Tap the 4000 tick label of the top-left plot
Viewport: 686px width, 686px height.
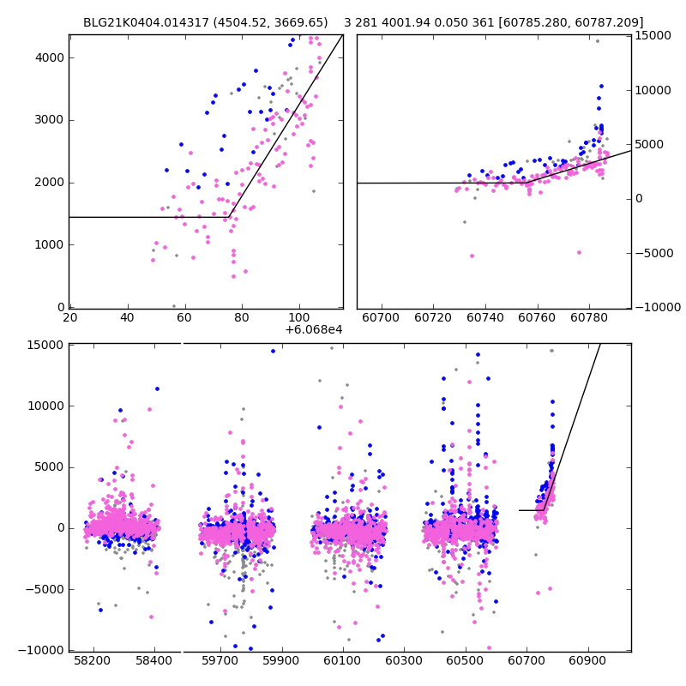[x=51, y=57]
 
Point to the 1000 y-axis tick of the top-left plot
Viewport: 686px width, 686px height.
[x=51, y=244]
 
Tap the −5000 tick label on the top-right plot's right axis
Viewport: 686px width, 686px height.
[x=652, y=253]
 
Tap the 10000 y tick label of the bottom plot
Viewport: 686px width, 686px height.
[x=45, y=406]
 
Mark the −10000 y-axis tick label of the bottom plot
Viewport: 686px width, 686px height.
[x=41, y=650]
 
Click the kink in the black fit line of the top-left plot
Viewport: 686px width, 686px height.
[x=230, y=217]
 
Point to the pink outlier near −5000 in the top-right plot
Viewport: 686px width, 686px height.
[x=472, y=256]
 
